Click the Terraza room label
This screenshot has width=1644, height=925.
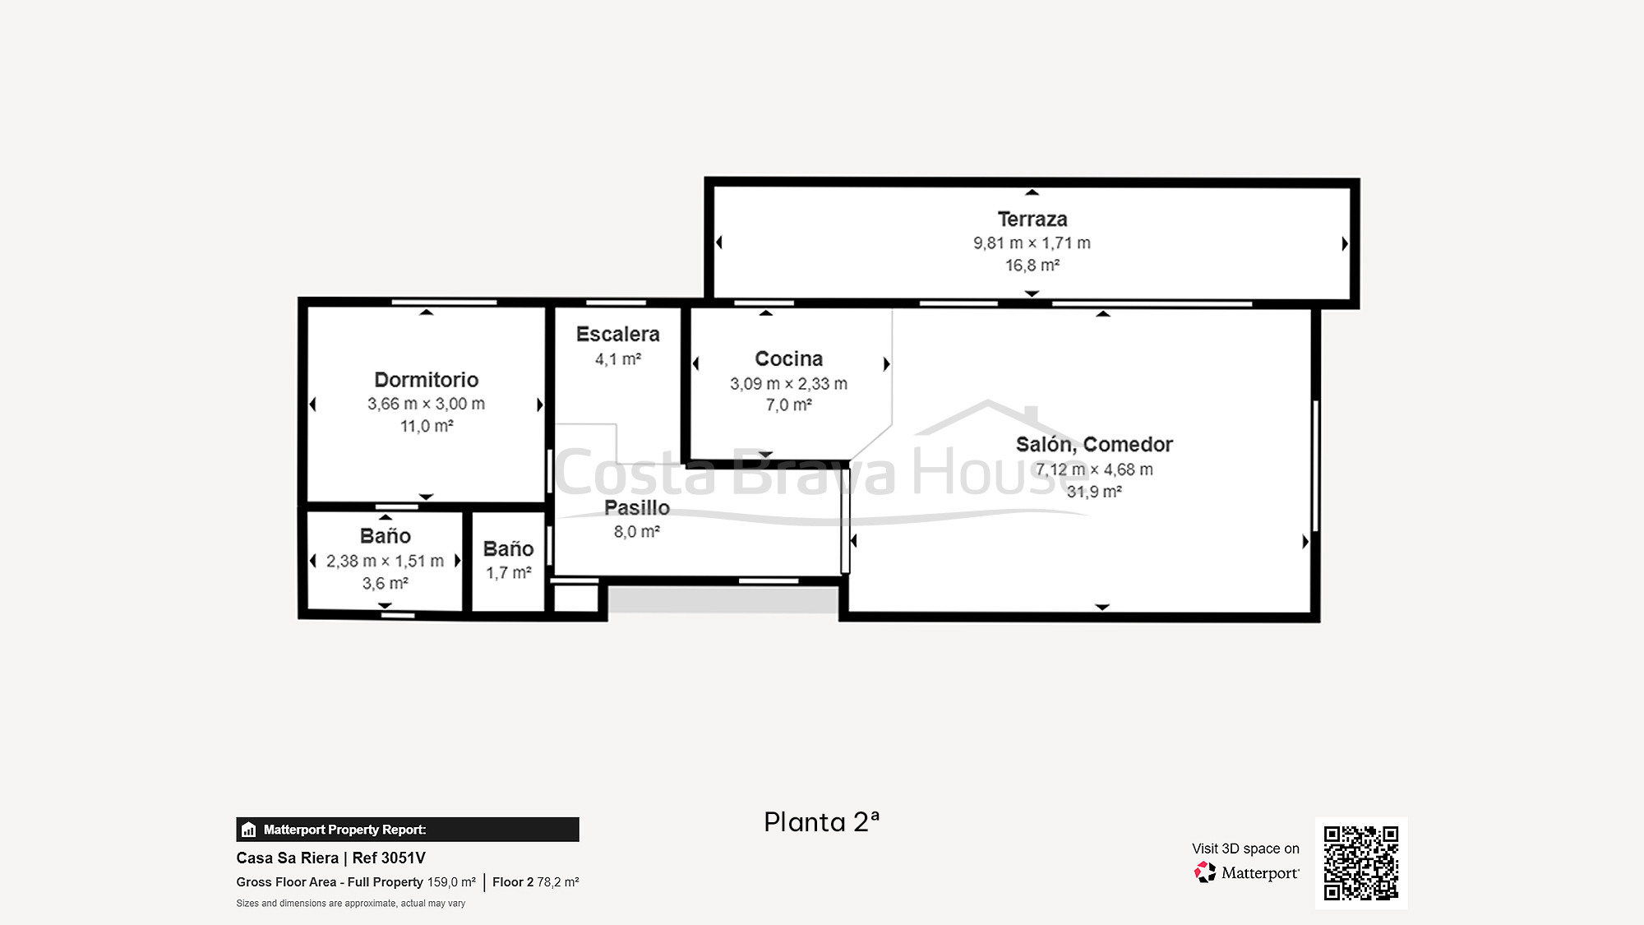pyautogui.click(x=1032, y=220)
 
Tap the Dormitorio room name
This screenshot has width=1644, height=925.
pyautogui.click(x=426, y=380)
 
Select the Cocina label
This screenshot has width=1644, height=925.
pyautogui.click(x=789, y=359)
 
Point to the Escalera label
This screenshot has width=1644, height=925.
pyautogui.click(x=618, y=335)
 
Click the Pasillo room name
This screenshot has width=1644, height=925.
pyautogui.click(x=637, y=508)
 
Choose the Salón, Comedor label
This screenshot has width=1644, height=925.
pyautogui.click(x=1094, y=445)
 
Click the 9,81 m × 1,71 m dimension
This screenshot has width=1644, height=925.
pyautogui.click(x=1032, y=243)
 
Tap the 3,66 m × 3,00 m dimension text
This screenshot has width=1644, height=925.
pyautogui.click(x=426, y=404)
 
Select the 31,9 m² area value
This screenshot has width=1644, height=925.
pyautogui.click(x=1094, y=492)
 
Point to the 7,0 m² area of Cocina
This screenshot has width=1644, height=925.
pyautogui.click(x=789, y=405)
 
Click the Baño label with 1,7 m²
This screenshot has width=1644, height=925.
pyautogui.click(x=509, y=549)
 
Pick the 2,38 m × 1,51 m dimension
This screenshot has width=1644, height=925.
pyautogui.click(x=385, y=561)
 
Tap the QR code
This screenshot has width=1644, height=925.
pyautogui.click(x=1361, y=863)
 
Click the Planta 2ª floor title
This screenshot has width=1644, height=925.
pyautogui.click(x=821, y=822)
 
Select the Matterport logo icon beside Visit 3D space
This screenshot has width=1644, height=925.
pyautogui.click(x=1205, y=872)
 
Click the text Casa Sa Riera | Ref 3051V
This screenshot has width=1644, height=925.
pyautogui.click(x=330, y=858)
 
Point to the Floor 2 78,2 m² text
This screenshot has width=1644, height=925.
pyautogui.click(x=536, y=882)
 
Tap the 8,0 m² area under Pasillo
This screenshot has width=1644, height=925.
pyautogui.click(x=637, y=532)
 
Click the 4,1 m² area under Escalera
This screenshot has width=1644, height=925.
pyautogui.click(x=618, y=359)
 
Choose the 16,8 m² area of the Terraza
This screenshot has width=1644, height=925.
pyautogui.click(x=1032, y=266)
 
